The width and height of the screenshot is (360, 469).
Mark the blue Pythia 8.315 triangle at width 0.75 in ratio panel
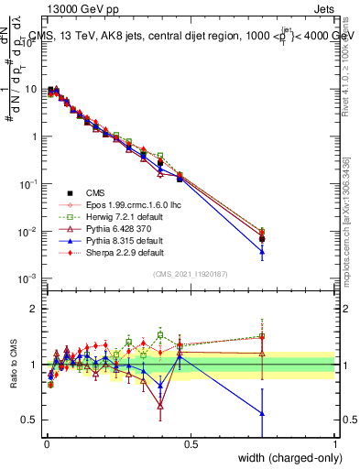tap(262, 413)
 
